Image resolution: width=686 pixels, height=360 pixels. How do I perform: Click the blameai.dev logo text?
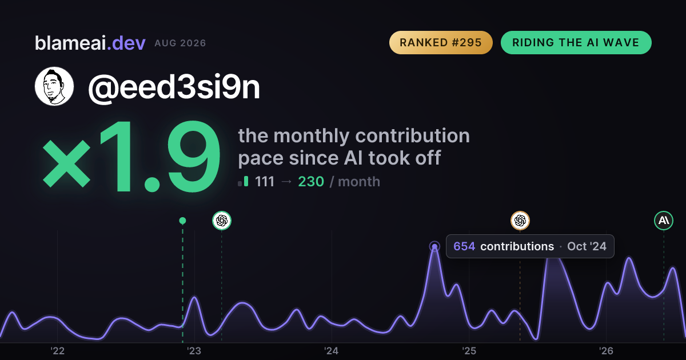click(x=90, y=43)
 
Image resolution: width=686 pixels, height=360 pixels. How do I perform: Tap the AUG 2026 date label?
click(x=180, y=43)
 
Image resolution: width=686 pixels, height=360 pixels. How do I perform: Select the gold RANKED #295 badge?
click(x=441, y=42)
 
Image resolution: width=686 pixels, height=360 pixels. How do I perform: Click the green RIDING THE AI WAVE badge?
click(x=576, y=42)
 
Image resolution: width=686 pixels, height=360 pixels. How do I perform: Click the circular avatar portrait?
click(x=54, y=86)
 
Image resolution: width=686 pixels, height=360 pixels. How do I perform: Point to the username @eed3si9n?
click(x=174, y=87)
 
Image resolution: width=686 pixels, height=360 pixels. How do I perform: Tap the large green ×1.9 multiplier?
click(x=131, y=157)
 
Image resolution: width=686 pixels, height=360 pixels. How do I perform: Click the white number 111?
click(x=265, y=182)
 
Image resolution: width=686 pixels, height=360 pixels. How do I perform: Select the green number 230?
click(x=311, y=182)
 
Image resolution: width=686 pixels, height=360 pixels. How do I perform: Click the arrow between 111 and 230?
click(x=286, y=182)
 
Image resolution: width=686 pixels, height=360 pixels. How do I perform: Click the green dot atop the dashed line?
click(x=182, y=221)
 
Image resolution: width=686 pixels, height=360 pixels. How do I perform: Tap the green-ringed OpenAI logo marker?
click(x=222, y=221)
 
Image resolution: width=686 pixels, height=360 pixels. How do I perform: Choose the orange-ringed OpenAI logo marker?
click(x=520, y=221)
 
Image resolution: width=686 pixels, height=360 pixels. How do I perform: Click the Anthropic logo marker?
click(x=664, y=221)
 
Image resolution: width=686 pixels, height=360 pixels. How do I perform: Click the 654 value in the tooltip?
click(x=464, y=246)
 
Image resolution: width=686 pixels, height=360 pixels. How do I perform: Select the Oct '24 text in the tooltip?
click(x=587, y=246)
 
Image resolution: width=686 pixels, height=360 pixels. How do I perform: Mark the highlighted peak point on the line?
click(x=434, y=246)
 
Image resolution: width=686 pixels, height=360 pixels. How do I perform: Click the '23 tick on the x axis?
click(x=194, y=351)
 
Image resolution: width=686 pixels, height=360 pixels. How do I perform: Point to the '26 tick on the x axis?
click(x=606, y=351)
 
